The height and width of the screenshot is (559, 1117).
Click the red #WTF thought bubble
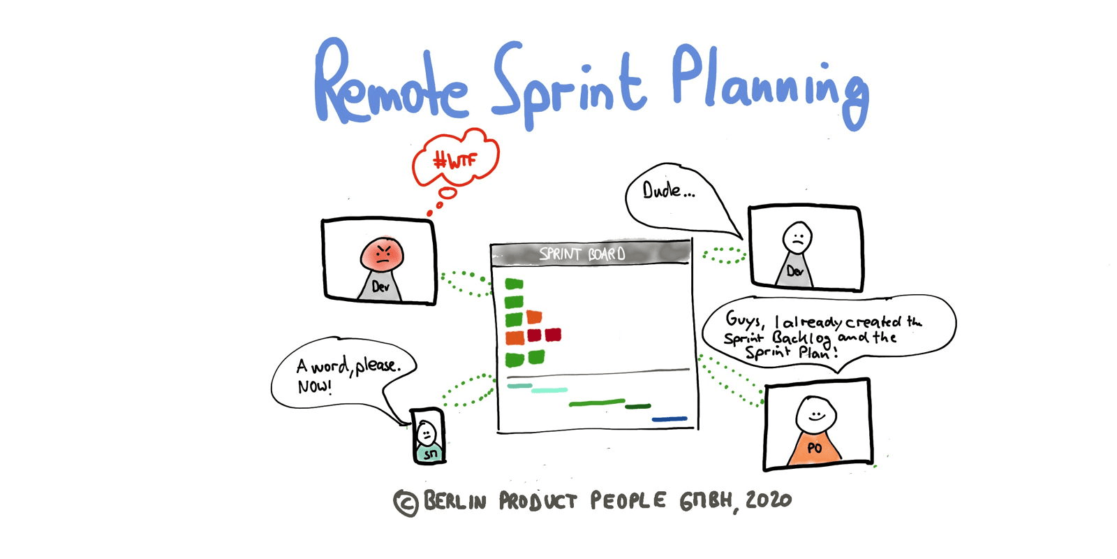(x=454, y=161)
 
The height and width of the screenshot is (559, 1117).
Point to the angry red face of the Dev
(x=382, y=253)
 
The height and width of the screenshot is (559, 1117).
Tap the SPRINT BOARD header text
(x=582, y=254)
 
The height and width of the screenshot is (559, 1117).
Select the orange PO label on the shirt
(x=814, y=448)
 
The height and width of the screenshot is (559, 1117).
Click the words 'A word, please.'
(x=349, y=365)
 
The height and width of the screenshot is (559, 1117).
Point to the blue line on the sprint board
(x=669, y=419)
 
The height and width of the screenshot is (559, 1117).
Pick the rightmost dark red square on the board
(x=553, y=335)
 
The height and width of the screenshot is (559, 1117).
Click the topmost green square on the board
(x=514, y=284)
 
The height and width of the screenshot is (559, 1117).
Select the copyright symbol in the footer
(x=406, y=502)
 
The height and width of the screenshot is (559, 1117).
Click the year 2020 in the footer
(x=768, y=500)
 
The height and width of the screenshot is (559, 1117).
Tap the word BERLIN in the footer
(x=454, y=501)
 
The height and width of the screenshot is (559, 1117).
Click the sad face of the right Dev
(x=797, y=237)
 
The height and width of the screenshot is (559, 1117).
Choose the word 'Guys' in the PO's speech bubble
(x=744, y=320)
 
